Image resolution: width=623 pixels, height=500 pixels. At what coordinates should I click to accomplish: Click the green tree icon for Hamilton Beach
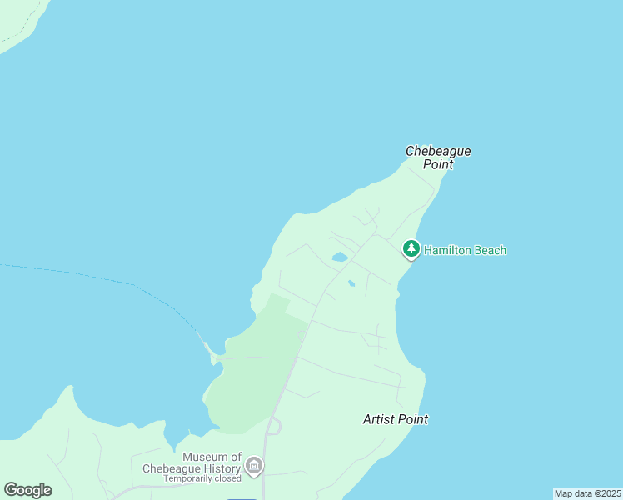(411, 248)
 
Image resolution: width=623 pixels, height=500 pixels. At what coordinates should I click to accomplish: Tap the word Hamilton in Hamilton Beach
(451, 250)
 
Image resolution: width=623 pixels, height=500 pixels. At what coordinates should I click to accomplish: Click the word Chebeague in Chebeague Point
(438, 151)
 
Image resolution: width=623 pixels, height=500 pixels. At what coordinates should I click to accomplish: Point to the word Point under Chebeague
(437, 164)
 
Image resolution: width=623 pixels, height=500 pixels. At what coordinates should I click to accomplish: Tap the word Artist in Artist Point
(380, 419)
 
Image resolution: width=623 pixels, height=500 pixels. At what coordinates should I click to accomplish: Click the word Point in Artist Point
(414, 419)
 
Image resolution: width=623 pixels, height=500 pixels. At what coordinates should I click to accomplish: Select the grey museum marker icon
(254, 465)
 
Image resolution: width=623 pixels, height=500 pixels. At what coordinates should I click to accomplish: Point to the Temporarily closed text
(202, 478)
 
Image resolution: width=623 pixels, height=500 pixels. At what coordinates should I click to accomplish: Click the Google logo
(28, 490)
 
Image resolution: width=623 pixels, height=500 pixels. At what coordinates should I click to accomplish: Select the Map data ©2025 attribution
(587, 493)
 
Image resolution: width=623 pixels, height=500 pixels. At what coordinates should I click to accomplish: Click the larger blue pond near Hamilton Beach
(340, 257)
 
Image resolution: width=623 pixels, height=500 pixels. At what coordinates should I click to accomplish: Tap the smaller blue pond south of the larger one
(351, 283)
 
